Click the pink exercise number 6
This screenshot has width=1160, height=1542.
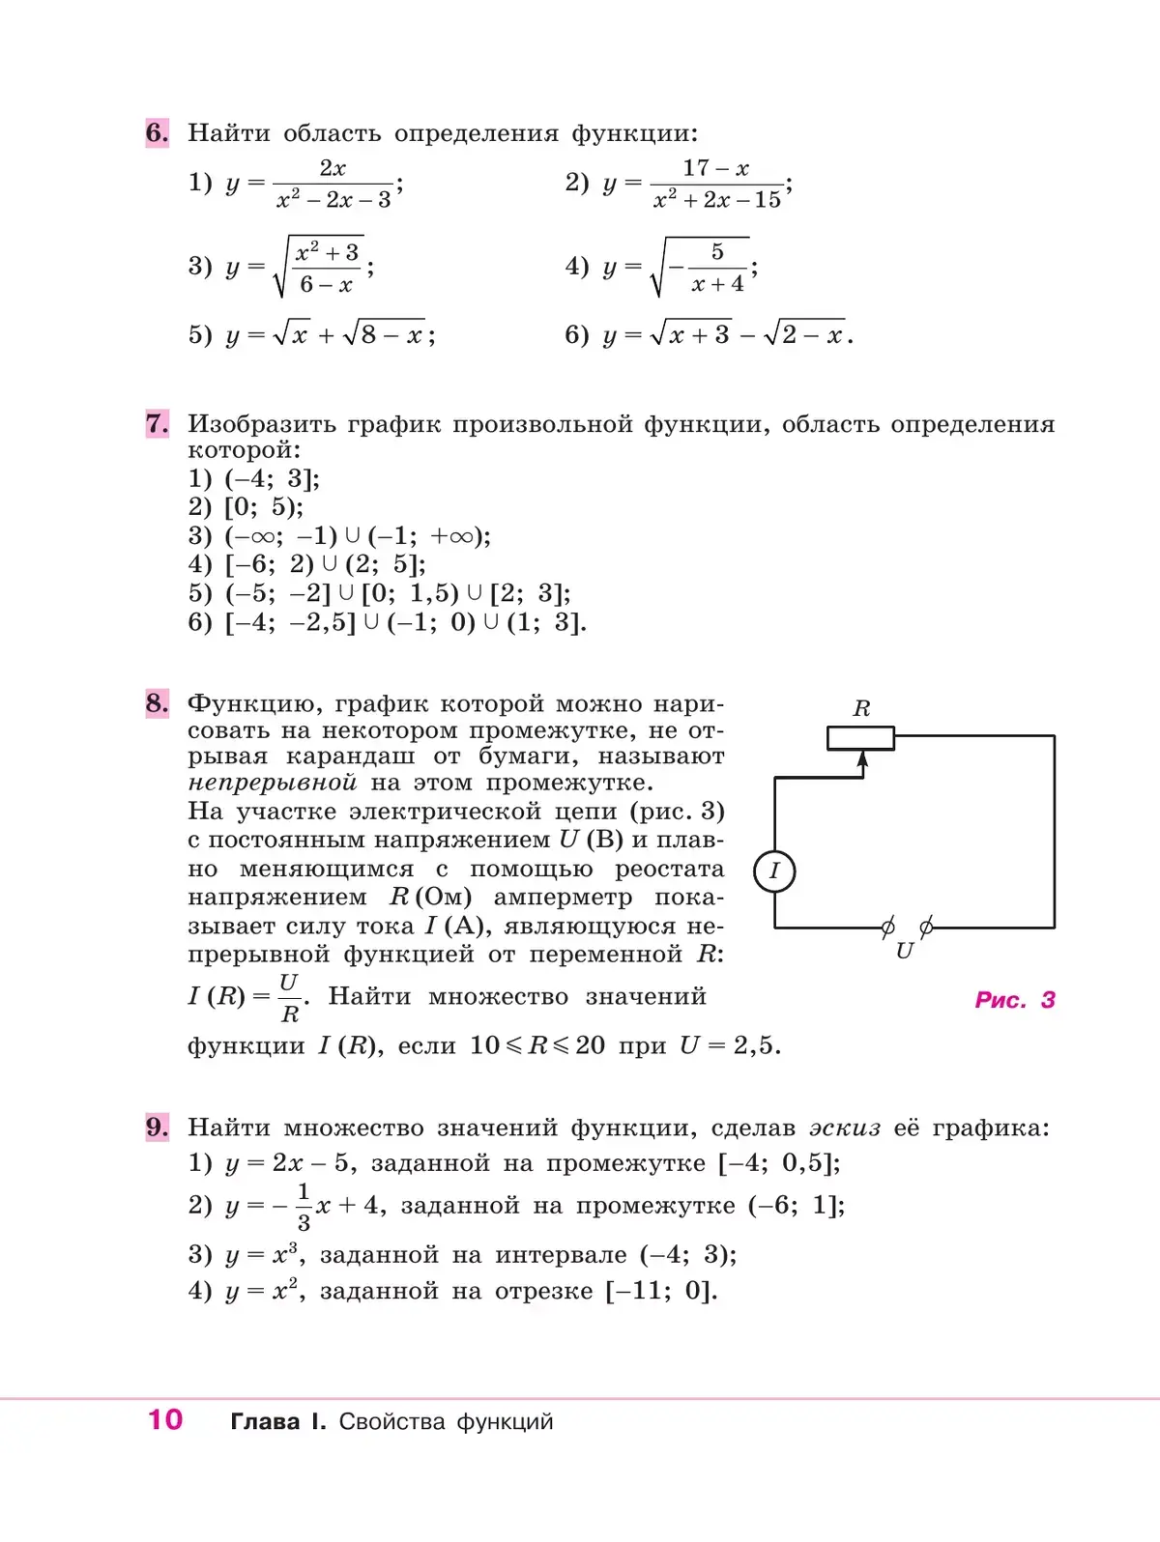pyautogui.click(x=158, y=132)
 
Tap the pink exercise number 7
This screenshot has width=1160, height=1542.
pyautogui.click(x=158, y=423)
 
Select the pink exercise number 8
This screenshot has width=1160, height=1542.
pyautogui.click(x=158, y=702)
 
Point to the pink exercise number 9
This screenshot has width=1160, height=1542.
pyautogui.click(x=158, y=1127)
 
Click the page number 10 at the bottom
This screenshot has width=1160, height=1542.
pyautogui.click(x=165, y=1419)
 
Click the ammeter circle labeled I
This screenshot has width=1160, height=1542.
pyautogui.click(x=774, y=871)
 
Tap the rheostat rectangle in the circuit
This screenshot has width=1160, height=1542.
pyautogui.click(x=860, y=738)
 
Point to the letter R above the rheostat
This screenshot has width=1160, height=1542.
pyautogui.click(x=861, y=708)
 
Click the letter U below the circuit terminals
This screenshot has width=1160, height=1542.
pyautogui.click(x=905, y=951)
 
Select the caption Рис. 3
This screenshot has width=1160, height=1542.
pyautogui.click(x=1014, y=1000)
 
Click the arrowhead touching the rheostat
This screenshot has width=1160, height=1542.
pyautogui.click(x=862, y=760)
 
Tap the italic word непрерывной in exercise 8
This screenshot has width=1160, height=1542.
pyautogui.click(x=273, y=783)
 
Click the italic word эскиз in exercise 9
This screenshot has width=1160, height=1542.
pyautogui.click(x=845, y=1128)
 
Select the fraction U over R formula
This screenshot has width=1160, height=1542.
pyautogui.click(x=289, y=997)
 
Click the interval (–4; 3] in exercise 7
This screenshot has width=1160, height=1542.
pyautogui.click(x=272, y=478)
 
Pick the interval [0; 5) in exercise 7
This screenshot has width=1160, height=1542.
pyautogui.click(x=264, y=506)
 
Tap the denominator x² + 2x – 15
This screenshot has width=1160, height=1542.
pyautogui.click(x=717, y=200)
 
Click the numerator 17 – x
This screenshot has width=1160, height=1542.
pyautogui.click(x=716, y=168)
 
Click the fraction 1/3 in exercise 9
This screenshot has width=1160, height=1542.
pyautogui.click(x=304, y=1206)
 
